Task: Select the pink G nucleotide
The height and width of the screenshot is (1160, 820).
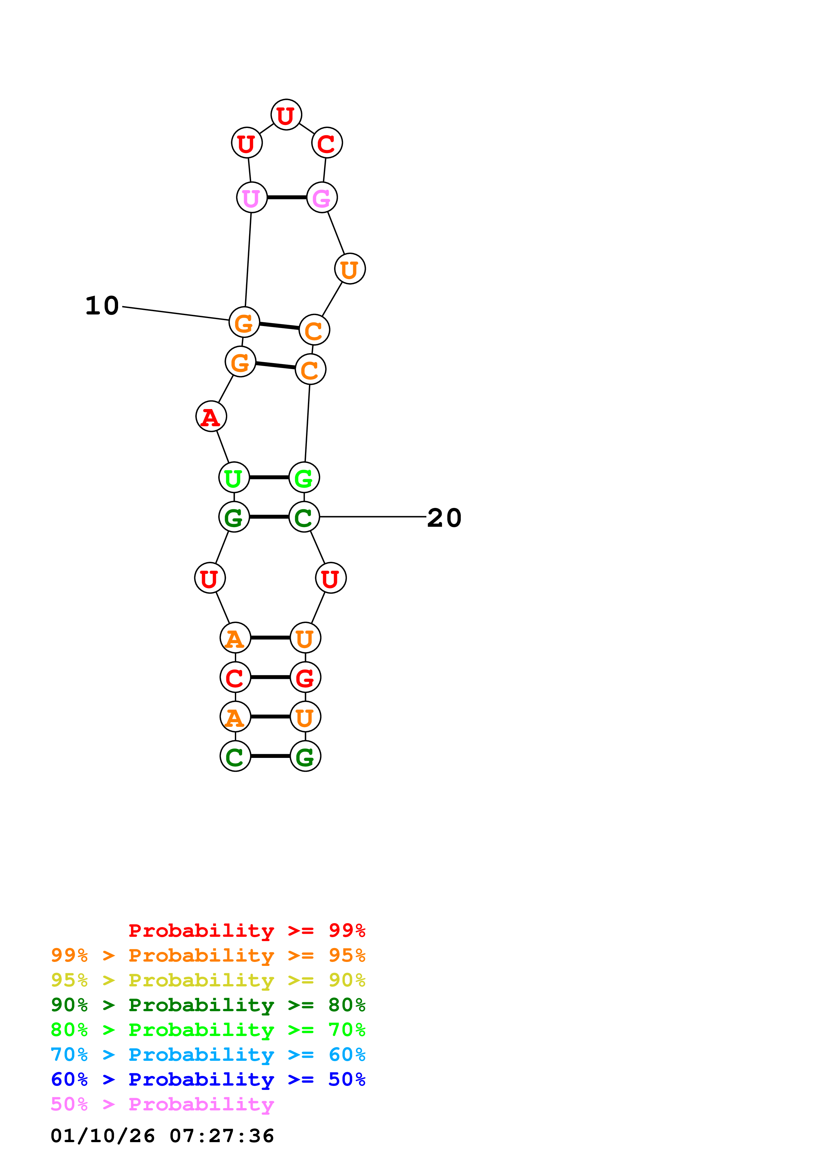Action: coord(322,197)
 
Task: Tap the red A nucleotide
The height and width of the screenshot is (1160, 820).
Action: coord(211,417)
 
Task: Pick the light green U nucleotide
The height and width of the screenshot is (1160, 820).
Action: coord(234,477)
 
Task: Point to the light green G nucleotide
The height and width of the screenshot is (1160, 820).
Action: coord(304,477)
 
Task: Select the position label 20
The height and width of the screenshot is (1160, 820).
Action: coord(444,518)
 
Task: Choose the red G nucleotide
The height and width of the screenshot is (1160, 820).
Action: coord(305,678)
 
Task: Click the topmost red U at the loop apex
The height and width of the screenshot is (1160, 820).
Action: coord(286,115)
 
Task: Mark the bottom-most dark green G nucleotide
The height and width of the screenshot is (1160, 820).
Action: coord(305,756)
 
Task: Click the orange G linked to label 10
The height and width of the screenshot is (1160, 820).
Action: coord(244,322)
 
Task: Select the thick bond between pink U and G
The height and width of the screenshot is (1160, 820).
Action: coord(286,197)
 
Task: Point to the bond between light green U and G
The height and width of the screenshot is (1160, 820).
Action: coord(269,477)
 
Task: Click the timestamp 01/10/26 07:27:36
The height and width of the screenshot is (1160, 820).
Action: coord(162,1136)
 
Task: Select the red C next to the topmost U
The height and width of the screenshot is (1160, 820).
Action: coord(327,144)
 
